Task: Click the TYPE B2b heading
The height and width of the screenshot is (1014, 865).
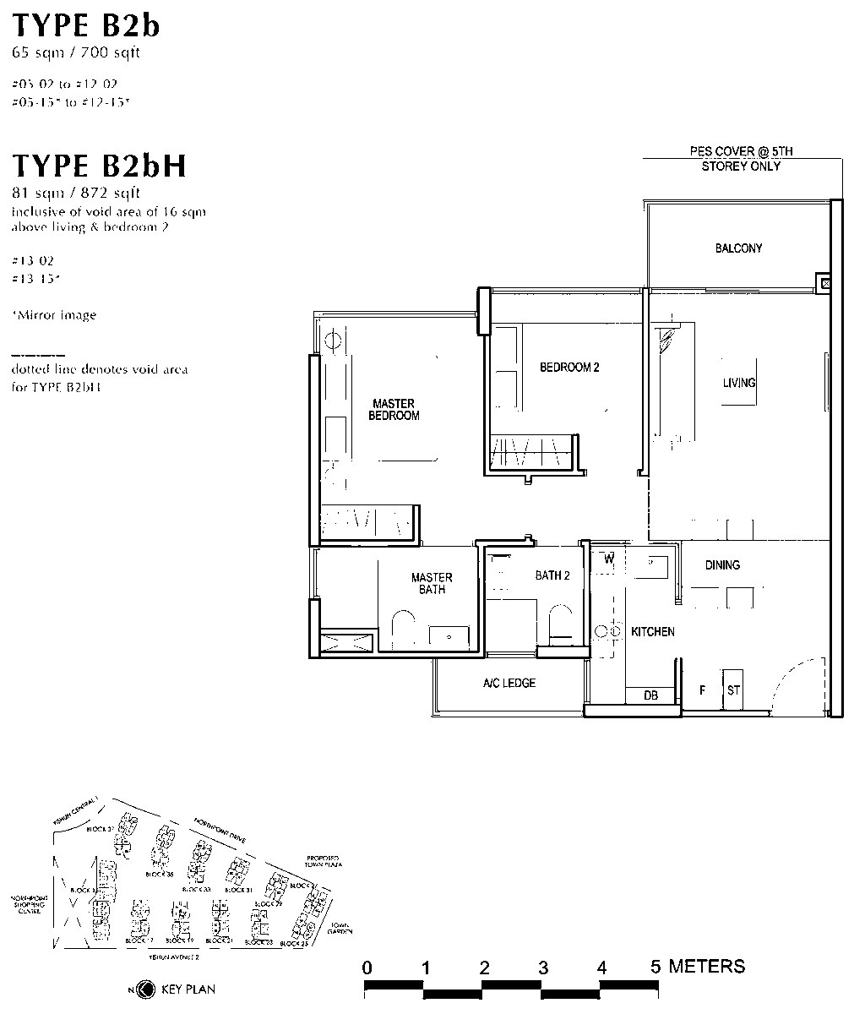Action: [x=86, y=25]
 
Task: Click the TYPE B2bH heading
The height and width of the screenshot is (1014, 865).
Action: [x=99, y=166]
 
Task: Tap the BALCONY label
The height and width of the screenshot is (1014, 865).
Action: [x=738, y=248]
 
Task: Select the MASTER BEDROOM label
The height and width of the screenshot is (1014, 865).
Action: [x=394, y=409]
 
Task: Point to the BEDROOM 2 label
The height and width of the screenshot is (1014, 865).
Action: [x=569, y=368]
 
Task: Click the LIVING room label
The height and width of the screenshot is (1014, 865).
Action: [x=738, y=383]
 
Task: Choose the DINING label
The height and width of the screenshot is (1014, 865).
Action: [x=722, y=564]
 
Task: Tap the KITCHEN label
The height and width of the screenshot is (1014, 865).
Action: [x=652, y=631]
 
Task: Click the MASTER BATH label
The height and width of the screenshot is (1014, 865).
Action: [x=432, y=583]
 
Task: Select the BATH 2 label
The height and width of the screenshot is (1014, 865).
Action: [x=552, y=575]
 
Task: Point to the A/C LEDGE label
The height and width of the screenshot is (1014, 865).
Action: [x=509, y=683]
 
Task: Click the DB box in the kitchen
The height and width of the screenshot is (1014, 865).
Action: [x=650, y=695]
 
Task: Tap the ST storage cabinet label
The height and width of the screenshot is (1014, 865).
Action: [x=733, y=690]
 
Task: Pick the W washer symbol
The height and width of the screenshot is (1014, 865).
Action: [x=607, y=559]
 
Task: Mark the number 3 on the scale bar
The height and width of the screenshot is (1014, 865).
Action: [x=542, y=967]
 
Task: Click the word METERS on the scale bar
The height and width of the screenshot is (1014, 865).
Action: [x=706, y=966]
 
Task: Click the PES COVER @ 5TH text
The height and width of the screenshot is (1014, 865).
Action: [x=741, y=151]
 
